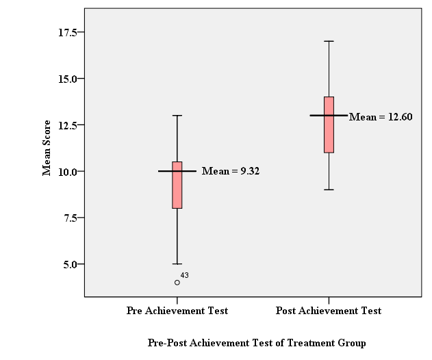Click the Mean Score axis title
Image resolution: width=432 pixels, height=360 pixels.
coord(47,148)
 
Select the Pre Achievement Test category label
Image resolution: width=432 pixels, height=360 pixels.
coord(177,311)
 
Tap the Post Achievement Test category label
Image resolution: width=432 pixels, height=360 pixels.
coord(329,311)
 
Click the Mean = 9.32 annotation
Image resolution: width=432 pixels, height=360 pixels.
coord(231,171)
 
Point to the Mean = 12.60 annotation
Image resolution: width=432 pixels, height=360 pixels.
coord(381,117)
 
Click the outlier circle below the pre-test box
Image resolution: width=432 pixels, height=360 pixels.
coord(177,283)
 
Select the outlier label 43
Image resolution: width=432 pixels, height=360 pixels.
coord(185,275)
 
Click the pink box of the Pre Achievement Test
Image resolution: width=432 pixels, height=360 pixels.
coord(177,185)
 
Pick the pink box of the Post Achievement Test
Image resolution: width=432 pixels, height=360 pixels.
coord(329,125)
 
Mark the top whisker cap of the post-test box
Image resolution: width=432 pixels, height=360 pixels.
coord(329,41)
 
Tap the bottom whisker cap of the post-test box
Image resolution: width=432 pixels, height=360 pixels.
coord(329,190)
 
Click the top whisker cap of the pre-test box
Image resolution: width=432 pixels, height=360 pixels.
coord(177,116)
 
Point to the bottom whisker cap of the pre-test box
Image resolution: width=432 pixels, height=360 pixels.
coord(177,263)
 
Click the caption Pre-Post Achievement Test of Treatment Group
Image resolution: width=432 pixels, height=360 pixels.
coord(257,343)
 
